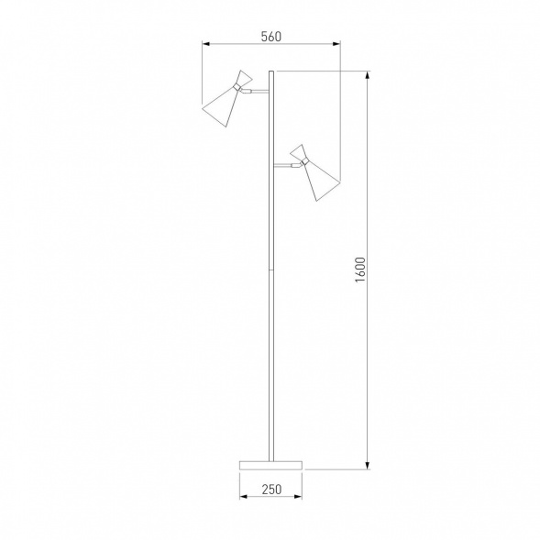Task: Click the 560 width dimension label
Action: point(271,37)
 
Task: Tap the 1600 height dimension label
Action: point(360,270)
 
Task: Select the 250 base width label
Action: point(271,489)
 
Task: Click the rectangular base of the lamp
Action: point(271,465)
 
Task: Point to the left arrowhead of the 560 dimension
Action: point(206,44)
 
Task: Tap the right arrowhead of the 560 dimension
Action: point(336,44)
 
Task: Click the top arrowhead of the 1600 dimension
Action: point(368,75)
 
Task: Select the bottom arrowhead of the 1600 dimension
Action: point(368,465)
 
